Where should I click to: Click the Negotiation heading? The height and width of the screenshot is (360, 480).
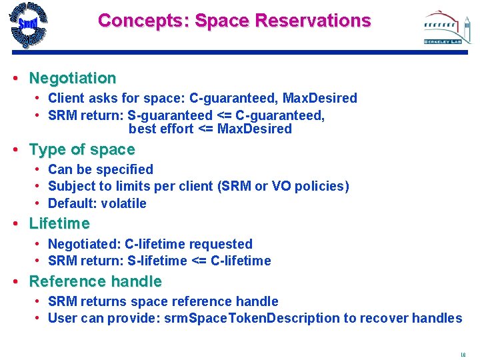coord(72,78)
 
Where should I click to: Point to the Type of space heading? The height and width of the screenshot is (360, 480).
coord(81,149)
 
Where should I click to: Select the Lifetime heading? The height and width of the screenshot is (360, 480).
coord(59,223)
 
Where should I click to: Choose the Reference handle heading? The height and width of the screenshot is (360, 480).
coord(95,281)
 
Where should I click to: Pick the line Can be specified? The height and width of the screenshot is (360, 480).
coord(101,169)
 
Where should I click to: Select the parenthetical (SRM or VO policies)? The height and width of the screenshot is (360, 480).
coord(283,186)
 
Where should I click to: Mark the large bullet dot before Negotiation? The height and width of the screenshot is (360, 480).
coord(15,78)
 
